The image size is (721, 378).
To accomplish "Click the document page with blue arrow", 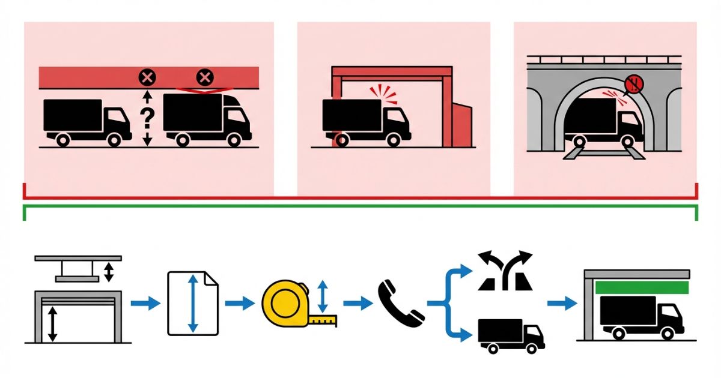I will (192, 302).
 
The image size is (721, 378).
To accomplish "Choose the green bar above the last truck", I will (640, 287).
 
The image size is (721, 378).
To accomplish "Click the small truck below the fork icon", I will (511, 335).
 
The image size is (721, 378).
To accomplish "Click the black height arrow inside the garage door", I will (53, 324).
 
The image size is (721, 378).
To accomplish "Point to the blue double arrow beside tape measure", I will (323, 295).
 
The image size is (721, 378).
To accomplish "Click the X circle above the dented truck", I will (205, 77).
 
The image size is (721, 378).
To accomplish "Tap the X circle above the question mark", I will (147, 77).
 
